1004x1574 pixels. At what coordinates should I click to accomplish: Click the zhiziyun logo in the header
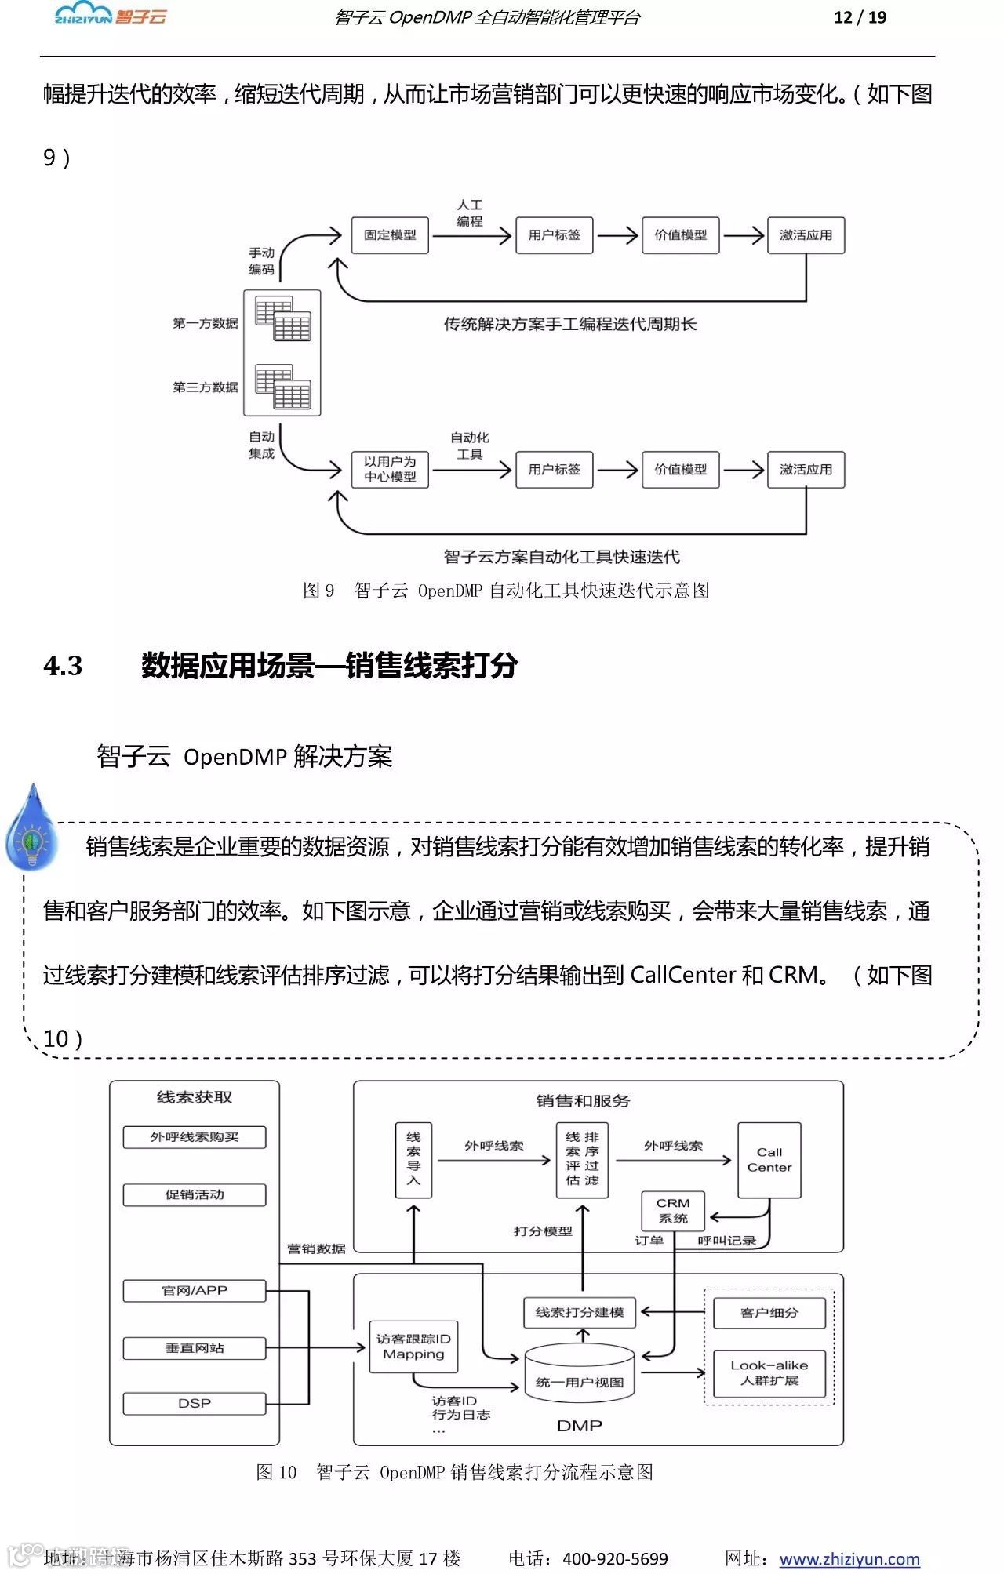click(x=111, y=16)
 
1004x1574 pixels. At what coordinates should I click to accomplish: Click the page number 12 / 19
click(x=860, y=17)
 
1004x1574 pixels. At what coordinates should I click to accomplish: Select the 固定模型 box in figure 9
click(x=390, y=235)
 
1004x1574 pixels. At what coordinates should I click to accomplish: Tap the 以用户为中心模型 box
click(x=390, y=469)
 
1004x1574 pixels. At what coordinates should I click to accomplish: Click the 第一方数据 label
click(x=206, y=323)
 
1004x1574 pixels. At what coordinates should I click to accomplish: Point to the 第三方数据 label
click(x=206, y=387)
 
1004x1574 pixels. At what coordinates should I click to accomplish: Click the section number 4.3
click(x=63, y=666)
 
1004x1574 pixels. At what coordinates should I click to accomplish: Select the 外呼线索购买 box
click(x=195, y=1137)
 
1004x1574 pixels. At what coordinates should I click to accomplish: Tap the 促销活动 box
click(x=195, y=1194)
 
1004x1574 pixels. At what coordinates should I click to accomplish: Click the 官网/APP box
click(x=195, y=1290)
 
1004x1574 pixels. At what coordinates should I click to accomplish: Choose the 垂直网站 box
click(x=195, y=1347)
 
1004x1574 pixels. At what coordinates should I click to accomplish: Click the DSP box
click(x=195, y=1403)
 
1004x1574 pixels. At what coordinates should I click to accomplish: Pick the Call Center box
click(x=769, y=1160)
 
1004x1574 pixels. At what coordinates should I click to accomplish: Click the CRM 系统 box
click(x=673, y=1210)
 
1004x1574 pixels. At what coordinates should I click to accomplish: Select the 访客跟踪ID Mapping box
click(x=413, y=1347)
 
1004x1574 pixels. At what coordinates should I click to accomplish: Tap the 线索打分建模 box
click(x=580, y=1312)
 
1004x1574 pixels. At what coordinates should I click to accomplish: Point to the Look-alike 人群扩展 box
click(x=769, y=1372)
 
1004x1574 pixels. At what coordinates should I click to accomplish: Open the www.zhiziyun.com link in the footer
click(x=849, y=1558)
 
